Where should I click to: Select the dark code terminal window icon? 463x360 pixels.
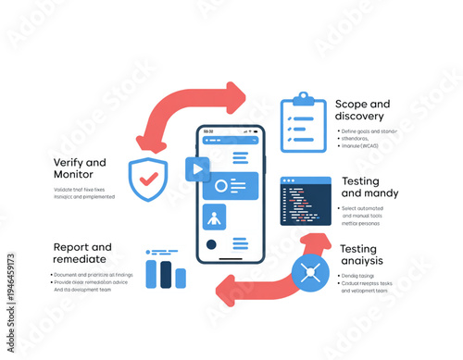(x=306, y=201)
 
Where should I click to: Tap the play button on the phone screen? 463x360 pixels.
(x=197, y=169)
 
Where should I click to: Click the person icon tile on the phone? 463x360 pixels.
(x=215, y=219)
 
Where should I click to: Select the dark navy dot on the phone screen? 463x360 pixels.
(x=211, y=245)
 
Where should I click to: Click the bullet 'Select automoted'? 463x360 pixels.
(x=368, y=209)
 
